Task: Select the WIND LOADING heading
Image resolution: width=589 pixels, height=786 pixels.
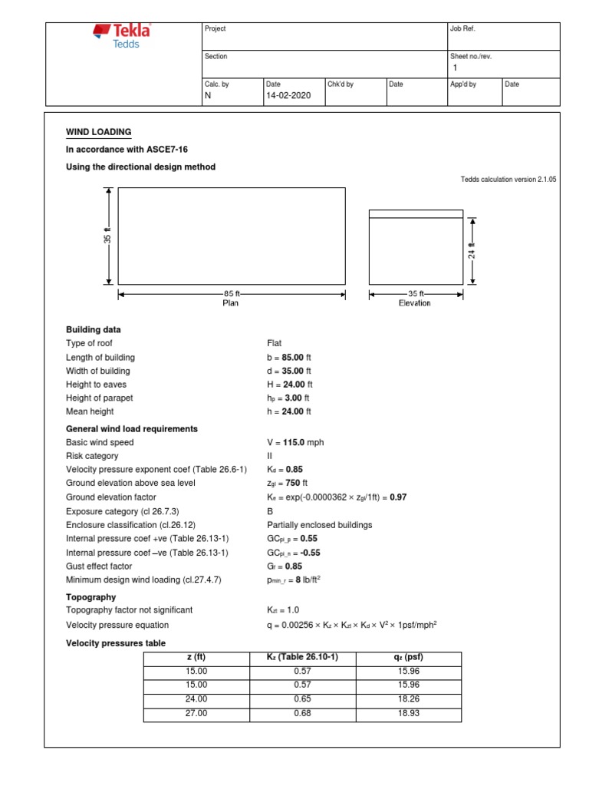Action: tap(99, 132)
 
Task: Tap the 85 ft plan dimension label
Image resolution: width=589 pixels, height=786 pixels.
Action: tap(232, 293)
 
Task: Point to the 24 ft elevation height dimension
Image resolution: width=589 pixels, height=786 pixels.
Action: tap(472, 249)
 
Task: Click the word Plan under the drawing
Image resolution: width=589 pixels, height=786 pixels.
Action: tap(231, 303)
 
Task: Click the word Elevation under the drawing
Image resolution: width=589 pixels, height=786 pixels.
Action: tap(414, 303)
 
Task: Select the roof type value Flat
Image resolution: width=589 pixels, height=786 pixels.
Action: tap(275, 344)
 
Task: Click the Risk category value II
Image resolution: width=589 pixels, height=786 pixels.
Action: tap(270, 456)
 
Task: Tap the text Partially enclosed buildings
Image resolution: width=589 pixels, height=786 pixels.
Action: tap(318, 525)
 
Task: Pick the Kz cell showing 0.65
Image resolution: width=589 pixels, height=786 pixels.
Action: tap(301, 700)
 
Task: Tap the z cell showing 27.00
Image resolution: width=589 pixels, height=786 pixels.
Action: tap(196, 715)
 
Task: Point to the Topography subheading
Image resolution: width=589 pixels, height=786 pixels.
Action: tap(91, 596)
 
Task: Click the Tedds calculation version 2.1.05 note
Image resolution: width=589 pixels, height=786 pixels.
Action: tap(508, 179)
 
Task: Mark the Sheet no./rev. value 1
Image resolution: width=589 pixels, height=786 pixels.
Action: tap(456, 68)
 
